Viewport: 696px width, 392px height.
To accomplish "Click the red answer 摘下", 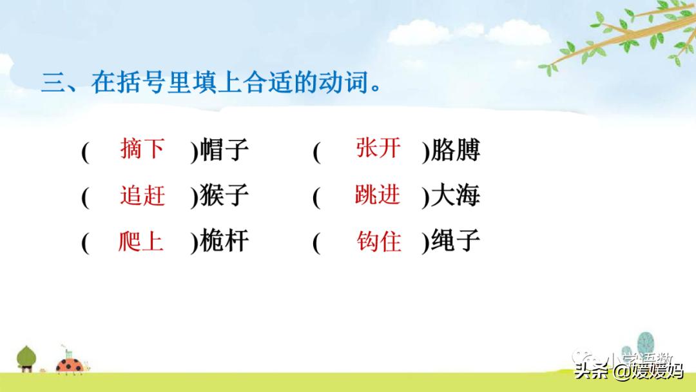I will [x=142, y=150].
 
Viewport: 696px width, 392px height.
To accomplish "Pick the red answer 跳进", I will [x=378, y=195].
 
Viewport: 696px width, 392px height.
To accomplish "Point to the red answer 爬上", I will [x=141, y=242].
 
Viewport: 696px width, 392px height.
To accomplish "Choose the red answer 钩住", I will [x=379, y=242].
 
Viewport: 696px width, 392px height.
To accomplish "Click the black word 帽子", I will [x=224, y=151].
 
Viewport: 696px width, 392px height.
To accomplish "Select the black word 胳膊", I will [x=456, y=151].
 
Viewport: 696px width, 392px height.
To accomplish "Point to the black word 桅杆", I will [x=224, y=243].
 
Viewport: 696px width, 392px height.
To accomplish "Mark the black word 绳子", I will [x=456, y=243].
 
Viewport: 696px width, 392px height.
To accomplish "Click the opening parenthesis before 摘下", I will [x=84, y=152].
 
